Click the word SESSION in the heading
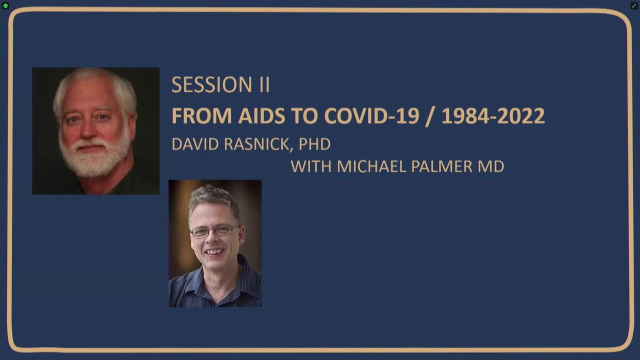211,84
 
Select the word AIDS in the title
261,115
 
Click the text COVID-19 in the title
371,115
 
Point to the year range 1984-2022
493,115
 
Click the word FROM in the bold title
201,115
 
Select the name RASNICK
258,144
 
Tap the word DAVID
195,144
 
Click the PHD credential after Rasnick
314,144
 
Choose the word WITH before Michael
311,166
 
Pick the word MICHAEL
371,166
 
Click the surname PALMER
441,166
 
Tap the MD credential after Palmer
491,166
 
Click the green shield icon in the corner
5,5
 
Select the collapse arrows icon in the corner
634,5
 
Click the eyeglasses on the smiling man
214,231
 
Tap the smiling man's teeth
215,252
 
